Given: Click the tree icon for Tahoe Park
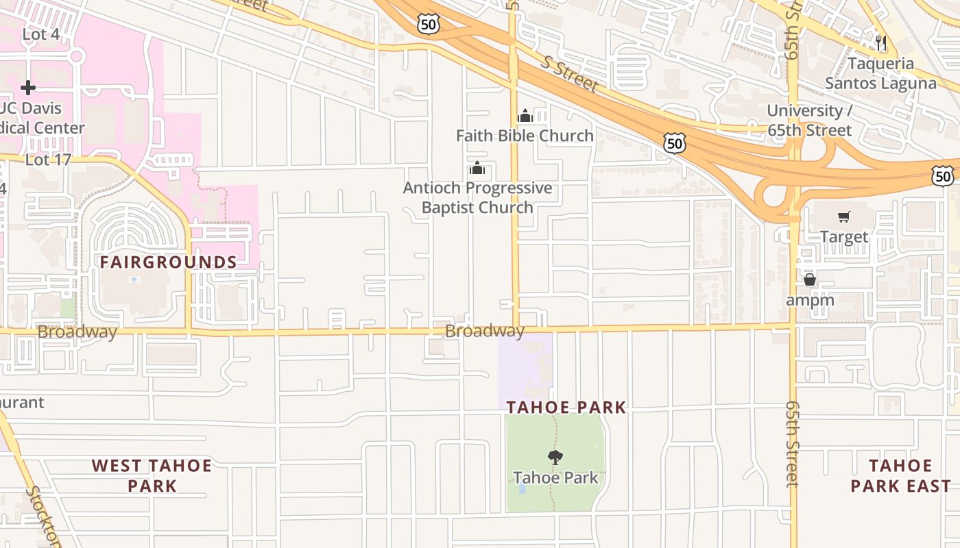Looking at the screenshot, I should [555, 457].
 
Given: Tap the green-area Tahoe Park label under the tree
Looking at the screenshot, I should [555, 477].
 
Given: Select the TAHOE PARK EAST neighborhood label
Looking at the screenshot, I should [900, 476].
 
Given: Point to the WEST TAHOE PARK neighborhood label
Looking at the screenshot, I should [152, 476].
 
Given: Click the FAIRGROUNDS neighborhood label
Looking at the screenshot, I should [169, 262].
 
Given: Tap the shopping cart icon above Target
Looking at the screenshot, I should [844, 217].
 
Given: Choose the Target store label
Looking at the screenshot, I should [844, 237].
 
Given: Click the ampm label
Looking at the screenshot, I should [810, 300].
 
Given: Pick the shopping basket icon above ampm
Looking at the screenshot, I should [810, 279].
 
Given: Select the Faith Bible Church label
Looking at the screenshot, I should [525, 136].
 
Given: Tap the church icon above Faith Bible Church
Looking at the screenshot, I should [525, 116].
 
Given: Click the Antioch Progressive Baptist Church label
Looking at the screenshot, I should [477, 197].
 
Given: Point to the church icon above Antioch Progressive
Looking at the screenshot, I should [477, 168].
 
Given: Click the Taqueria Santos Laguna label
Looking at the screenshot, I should [880, 73].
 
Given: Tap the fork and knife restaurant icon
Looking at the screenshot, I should [881, 43].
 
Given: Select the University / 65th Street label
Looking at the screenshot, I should [809, 121].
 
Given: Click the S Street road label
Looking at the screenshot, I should [568, 75].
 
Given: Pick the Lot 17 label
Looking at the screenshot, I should [48, 160].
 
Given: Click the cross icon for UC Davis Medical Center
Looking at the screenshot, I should [28, 88].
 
